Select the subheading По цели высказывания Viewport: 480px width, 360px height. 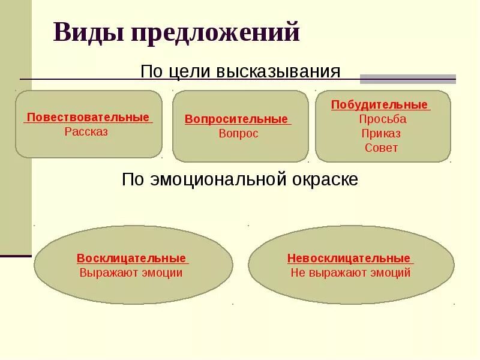[x=240, y=72]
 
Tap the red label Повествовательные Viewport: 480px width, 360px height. [x=88, y=117]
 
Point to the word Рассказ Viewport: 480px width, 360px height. [x=86, y=132]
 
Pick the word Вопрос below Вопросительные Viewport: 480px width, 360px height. [x=238, y=134]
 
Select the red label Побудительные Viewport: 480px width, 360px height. [x=380, y=105]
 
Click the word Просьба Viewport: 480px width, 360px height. [x=383, y=119]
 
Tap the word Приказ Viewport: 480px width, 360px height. [x=382, y=133]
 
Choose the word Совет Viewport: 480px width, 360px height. [x=382, y=148]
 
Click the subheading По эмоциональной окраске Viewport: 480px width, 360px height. [x=240, y=179]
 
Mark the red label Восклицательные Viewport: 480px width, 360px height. [x=131, y=259]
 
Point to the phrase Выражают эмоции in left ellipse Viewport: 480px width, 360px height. [x=131, y=273]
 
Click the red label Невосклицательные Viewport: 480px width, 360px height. [x=349, y=259]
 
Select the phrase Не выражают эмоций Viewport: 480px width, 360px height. [x=350, y=273]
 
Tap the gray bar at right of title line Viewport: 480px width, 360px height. [x=408, y=79]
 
